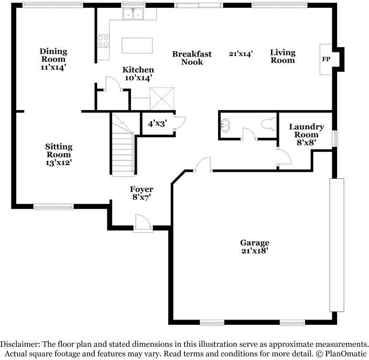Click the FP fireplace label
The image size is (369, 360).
pyautogui.click(x=326, y=59)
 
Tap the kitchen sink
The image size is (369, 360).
pyautogui.click(x=133, y=14)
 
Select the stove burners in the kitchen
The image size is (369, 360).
pyautogui.click(x=103, y=41)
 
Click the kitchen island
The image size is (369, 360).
pyautogui.click(x=137, y=45)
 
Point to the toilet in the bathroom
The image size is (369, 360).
pyautogui.click(x=269, y=124)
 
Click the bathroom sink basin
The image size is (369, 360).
pyautogui.click(x=224, y=125)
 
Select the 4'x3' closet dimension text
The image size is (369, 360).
pyautogui.click(x=157, y=124)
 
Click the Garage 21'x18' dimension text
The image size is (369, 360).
pyautogui.click(x=255, y=251)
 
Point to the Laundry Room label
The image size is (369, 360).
pyautogui.click(x=307, y=130)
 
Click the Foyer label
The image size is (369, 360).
pyautogui.click(x=142, y=189)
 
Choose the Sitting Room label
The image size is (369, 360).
pyautogui.click(x=59, y=150)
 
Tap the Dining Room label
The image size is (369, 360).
pyautogui.click(x=53, y=55)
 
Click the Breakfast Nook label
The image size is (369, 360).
pyautogui.click(x=192, y=58)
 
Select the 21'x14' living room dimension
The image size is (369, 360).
pyautogui.click(x=241, y=53)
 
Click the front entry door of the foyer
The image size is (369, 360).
pyautogui.click(x=143, y=223)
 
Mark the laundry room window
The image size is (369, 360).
pyautogui.click(x=334, y=138)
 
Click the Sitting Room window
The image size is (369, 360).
pyautogui.click(x=53, y=207)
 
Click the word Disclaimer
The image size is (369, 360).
pyautogui.click(x=20, y=344)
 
